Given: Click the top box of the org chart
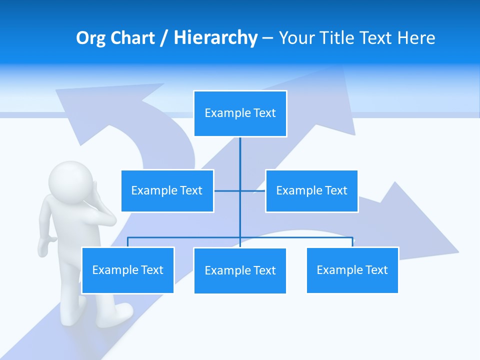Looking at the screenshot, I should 240,113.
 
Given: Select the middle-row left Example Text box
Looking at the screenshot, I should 167,190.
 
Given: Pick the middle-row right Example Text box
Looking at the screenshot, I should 311,190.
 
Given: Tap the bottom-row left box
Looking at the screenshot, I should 127,270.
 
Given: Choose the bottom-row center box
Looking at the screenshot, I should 240,270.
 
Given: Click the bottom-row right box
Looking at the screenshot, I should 352,270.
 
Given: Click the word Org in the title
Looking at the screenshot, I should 90,38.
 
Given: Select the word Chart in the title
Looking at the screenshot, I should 132,38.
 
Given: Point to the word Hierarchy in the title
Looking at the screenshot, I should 215,38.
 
